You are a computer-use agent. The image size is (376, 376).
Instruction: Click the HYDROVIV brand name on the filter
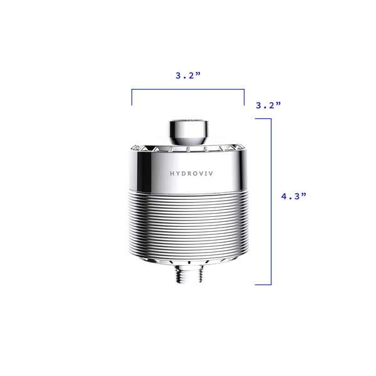[191, 174]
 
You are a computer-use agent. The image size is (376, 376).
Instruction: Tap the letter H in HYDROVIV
[172, 174]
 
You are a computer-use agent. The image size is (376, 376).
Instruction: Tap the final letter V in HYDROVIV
[211, 174]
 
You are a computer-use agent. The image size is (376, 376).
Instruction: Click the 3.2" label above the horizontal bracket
[188, 75]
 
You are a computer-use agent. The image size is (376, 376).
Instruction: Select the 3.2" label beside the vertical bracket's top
[268, 105]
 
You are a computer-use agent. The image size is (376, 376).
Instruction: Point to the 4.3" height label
[294, 196]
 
